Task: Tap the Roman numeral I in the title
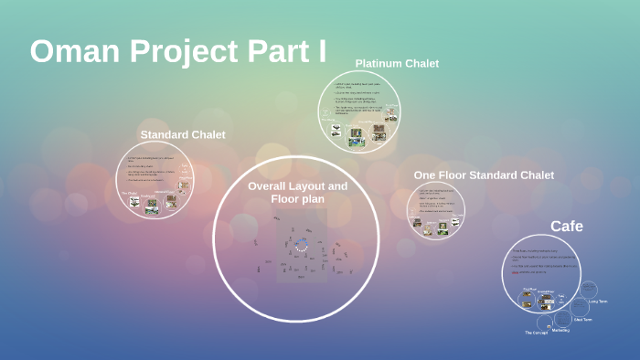tap(321, 51)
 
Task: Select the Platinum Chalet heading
tap(397, 64)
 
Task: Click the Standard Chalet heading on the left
tap(182, 135)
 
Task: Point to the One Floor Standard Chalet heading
tap(484, 175)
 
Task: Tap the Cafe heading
tap(566, 226)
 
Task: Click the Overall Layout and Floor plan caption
tap(297, 192)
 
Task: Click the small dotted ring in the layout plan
tap(300, 244)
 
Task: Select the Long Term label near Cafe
tap(598, 301)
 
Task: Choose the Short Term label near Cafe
tap(583, 320)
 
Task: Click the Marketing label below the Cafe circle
tap(560, 330)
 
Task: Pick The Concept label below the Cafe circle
tap(536, 333)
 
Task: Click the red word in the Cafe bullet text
tap(516, 271)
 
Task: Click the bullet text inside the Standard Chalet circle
tap(151, 170)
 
